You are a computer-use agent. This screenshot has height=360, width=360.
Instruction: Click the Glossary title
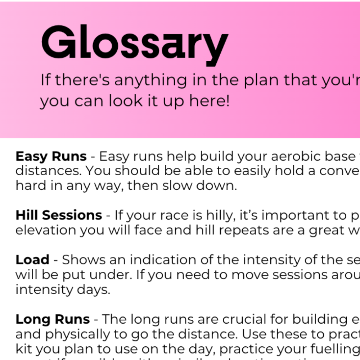click(135, 43)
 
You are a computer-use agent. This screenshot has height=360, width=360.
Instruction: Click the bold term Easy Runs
click(51, 157)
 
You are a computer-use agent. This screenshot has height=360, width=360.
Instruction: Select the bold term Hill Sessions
click(59, 215)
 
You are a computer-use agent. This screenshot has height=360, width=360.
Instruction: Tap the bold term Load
click(32, 260)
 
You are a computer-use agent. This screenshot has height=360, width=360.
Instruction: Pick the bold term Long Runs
click(53, 319)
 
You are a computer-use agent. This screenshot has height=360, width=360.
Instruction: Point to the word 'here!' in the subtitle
click(212, 102)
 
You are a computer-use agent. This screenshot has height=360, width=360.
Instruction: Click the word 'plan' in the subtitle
click(262, 80)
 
